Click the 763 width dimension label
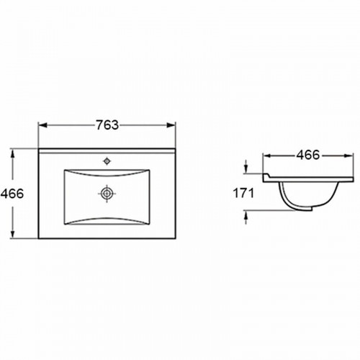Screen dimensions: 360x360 click(x=107, y=125)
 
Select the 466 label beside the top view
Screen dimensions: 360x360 click(x=12, y=194)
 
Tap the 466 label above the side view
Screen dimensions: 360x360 click(x=308, y=155)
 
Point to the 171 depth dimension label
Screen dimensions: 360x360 click(x=243, y=193)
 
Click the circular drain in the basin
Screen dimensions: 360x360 click(x=107, y=193)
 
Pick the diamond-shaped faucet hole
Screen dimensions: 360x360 click(x=107, y=161)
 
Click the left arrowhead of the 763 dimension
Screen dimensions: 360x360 click(x=42, y=125)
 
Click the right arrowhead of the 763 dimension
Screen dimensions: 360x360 click(x=171, y=125)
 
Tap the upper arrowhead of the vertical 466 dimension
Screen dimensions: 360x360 click(x=12, y=153)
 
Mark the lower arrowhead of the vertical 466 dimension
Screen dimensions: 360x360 click(x=12, y=234)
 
